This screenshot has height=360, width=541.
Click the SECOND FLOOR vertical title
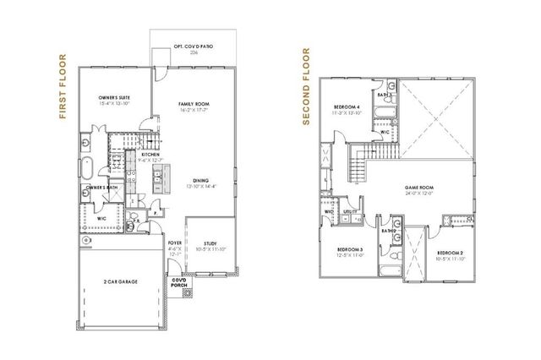coord(307,87)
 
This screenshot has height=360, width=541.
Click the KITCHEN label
coord(150,155)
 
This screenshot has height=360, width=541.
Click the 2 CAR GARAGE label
coord(120,281)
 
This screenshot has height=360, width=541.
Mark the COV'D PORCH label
coord(179,282)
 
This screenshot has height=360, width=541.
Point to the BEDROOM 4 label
coord(346,107)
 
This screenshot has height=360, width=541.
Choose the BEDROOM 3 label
coord(350,250)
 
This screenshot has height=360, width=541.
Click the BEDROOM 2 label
coord(448,253)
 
